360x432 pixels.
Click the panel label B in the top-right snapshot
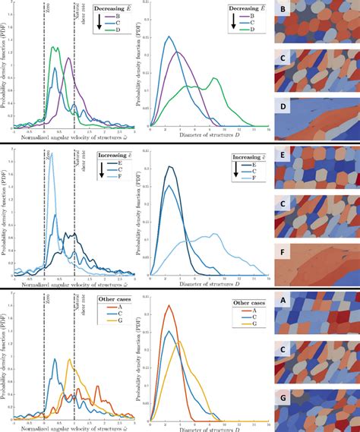pos(283,10)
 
